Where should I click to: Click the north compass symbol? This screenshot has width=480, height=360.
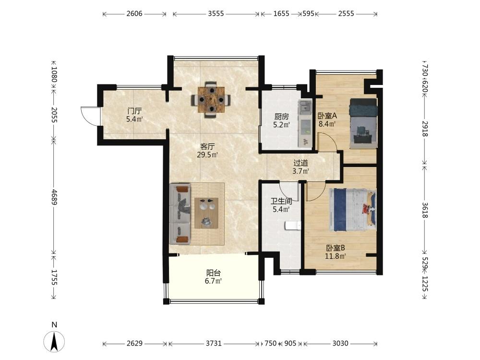tap(54, 341)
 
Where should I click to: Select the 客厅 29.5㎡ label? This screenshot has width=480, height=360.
tap(207, 151)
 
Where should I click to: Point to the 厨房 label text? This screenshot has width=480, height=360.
tap(281, 117)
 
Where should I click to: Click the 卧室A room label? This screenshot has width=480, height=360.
tap(327, 116)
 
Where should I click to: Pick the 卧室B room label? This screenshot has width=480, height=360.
tap(336, 248)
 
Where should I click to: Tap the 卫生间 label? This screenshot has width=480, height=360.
tap(281, 202)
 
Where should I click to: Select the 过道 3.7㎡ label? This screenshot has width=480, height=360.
tap(300, 167)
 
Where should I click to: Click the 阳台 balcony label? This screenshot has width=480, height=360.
tap(214, 273)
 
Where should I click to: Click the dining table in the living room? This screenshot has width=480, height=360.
tap(211, 99)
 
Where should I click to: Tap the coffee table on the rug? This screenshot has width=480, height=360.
tap(206, 213)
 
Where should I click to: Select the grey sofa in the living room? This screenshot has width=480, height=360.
tap(180, 214)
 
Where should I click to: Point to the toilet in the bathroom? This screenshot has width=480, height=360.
tap(293, 226)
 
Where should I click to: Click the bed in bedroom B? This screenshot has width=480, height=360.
tap(352, 210)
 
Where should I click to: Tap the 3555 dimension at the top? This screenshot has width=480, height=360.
tap(216, 13)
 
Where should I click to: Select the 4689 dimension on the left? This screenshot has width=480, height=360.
tap(54, 197)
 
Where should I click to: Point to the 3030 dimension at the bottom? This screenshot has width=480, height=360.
tap(340, 344)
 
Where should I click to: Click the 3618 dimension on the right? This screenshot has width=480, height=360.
tap(425, 210)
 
